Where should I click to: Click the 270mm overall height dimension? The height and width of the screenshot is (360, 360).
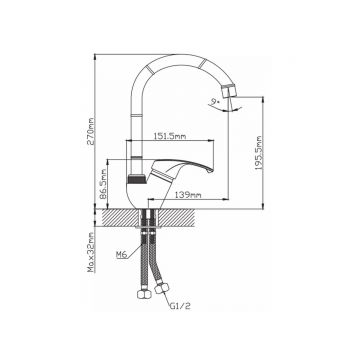coord(91,131)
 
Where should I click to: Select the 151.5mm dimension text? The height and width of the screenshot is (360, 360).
coord(170,136)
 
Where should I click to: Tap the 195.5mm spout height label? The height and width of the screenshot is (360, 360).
coord(259,153)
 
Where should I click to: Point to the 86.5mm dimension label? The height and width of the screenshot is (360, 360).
coord(103,184)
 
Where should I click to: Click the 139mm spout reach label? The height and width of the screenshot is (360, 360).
coord(187,195)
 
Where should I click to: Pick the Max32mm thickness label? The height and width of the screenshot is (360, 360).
coord(91,252)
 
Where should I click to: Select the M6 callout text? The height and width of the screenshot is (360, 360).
coord(121,255)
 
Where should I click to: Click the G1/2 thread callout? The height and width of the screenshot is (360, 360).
coord(181,306)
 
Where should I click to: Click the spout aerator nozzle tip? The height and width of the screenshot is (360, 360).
coord(228,91)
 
